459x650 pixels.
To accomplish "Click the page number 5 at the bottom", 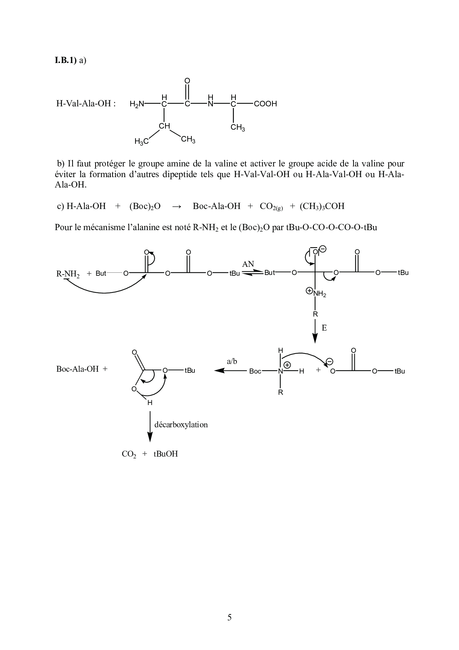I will click(x=229, y=617).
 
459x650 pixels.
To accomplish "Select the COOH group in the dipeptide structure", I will click(x=265, y=104).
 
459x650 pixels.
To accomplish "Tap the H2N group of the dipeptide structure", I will click(x=137, y=105).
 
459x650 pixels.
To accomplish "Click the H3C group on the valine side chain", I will click(x=141, y=142).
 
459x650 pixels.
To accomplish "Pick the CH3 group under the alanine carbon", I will click(x=238, y=128).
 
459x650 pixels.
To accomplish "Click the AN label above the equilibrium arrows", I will click(x=248, y=264).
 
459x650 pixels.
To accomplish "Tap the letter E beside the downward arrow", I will click(x=324, y=328).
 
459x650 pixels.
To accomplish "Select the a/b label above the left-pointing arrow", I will click(x=232, y=361).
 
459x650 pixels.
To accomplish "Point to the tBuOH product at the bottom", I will click(x=165, y=454).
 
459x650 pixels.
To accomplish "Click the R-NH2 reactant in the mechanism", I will click(x=68, y=274).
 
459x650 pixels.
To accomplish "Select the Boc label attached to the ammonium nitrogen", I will click(x=255, y=371).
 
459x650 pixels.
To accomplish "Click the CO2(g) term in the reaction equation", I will click(x=271, y=206).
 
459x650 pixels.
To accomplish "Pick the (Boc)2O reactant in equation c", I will click(x=145, y=206).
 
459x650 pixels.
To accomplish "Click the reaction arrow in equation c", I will click(x=177, y=206).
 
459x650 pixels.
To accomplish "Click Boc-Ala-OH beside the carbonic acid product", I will click(x=77, y=369).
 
